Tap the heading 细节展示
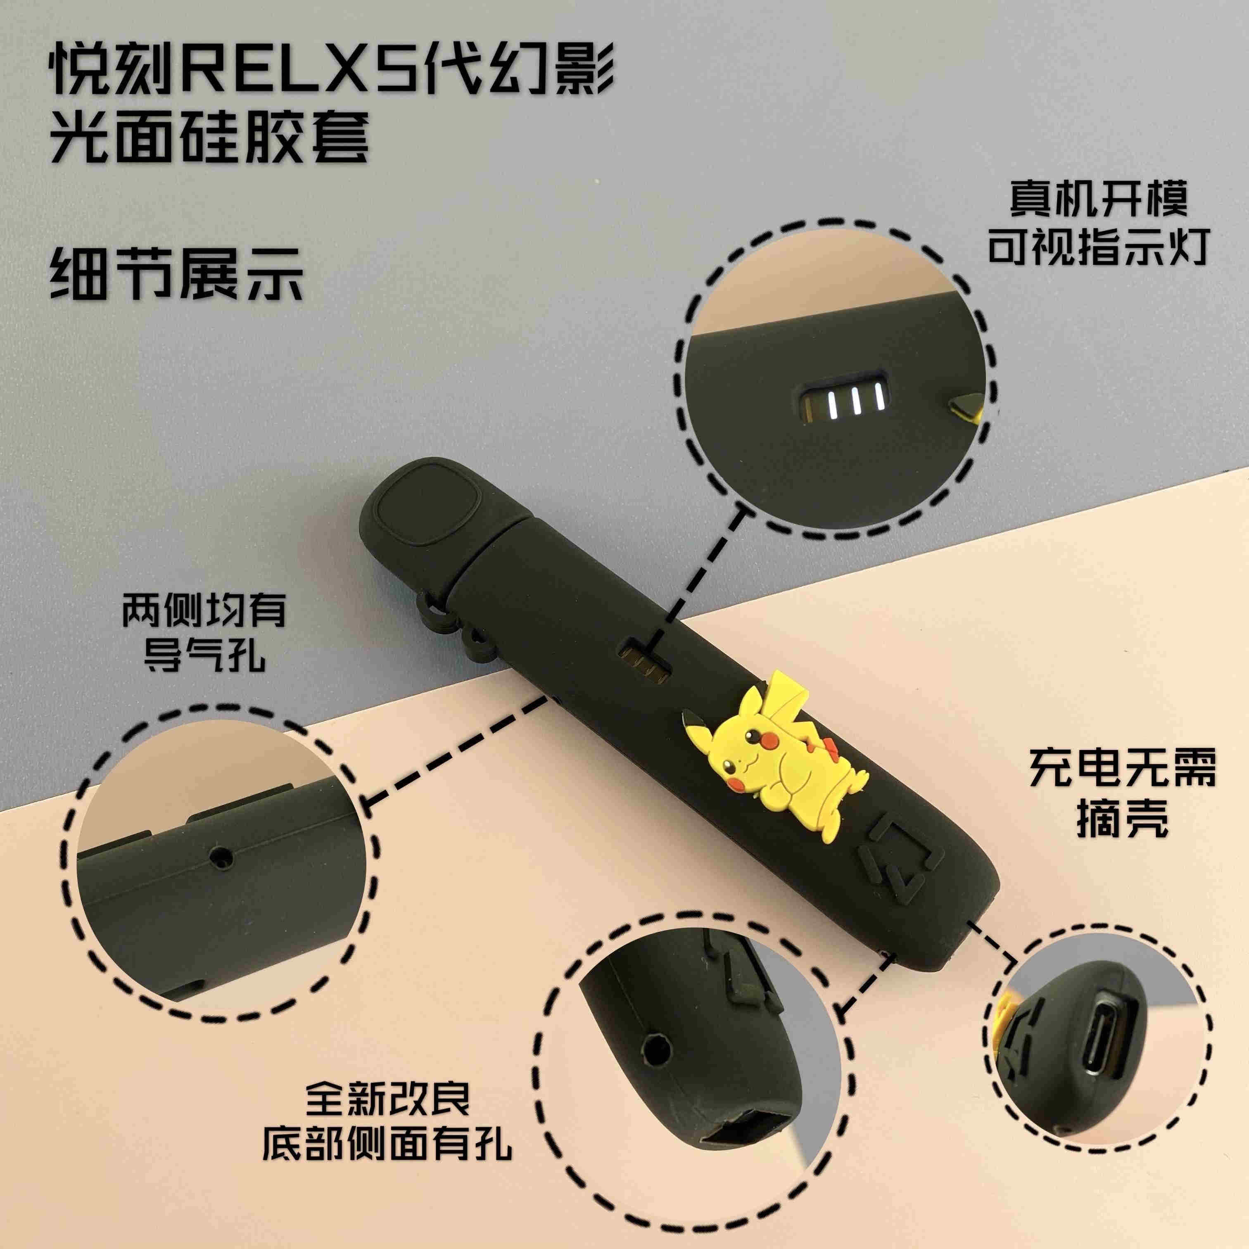point(178,276)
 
